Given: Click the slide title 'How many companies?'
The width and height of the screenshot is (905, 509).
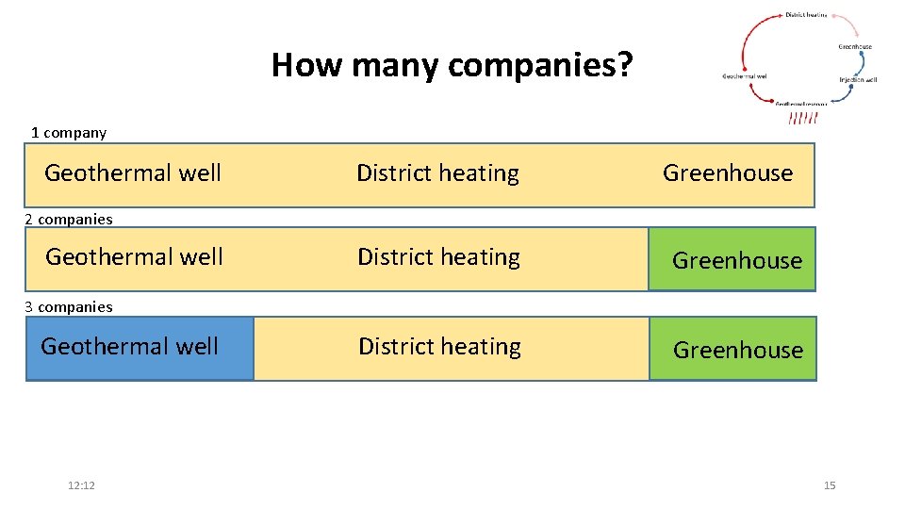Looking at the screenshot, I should coord(452,65).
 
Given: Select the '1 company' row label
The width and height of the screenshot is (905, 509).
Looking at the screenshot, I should coord(69,133).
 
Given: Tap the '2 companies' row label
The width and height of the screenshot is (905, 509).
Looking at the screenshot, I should coord(69,220).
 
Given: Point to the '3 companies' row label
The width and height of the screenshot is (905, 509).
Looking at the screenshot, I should coord(69,307).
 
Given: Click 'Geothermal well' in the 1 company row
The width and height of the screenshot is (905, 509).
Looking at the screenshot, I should coord(133,173).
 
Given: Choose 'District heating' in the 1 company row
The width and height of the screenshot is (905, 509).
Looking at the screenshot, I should coord(437,173).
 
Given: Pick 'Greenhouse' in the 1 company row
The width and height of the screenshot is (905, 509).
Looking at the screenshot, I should coord(728,173).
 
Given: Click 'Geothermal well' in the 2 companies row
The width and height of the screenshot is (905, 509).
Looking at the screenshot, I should coord(134,257).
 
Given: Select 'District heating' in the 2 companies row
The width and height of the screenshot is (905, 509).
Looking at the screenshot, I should coord(438,257).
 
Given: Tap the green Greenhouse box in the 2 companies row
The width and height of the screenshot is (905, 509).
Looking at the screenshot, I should coord(732,260).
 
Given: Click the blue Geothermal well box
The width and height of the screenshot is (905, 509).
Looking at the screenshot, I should coord(140,348).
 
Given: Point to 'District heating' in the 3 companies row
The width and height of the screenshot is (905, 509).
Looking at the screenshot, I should coord(439,347).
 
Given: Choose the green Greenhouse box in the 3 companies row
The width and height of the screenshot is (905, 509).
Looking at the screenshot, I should coord(733,350).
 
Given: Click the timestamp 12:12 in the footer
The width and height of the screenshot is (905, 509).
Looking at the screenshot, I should coord(82,485).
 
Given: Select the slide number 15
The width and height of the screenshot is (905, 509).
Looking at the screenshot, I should coord(830,485).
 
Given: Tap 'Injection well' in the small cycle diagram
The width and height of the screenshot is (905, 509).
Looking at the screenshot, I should coord(858,80).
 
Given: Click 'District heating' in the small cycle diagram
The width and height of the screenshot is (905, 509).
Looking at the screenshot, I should coord(806,15).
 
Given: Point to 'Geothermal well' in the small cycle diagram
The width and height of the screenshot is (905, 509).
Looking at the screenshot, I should coord(745,75).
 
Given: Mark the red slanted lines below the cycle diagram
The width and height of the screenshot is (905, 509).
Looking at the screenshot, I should coord(803,118).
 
